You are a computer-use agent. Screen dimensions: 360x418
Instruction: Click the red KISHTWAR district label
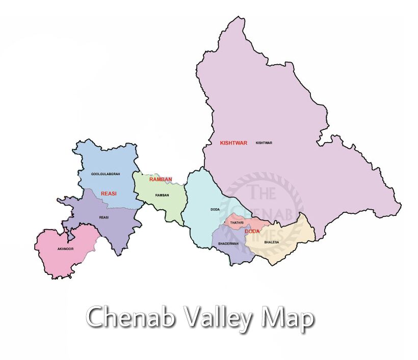pyautogui.click(x=233, y=143)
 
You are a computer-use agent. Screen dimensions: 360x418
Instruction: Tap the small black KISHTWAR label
pyautogui.click(x=264, y=143)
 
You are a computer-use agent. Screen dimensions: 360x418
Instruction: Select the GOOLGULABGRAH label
pyautogui.click(x=106, y=174)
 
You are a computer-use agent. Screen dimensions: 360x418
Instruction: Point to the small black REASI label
pyautogui.click(x=104, y=218)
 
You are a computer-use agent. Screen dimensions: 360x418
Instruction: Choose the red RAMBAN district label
pyautogui.click(x=161, y=179)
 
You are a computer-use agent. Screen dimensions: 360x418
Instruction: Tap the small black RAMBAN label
pyautogui.click(x=162, y=196)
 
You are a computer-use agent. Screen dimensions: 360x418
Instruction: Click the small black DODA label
pyautogui.click(x=215, y=209)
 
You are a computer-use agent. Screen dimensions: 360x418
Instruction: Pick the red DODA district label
pyautogui.click(x=252, y=232)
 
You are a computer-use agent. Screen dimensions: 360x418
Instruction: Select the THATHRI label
pyautogui.click(x=237, y=223)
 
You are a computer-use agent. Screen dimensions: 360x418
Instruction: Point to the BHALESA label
pyautogui.click(x=272, y=242)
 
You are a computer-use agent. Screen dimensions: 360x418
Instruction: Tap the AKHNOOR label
pyautogui.click(x=66, y=249)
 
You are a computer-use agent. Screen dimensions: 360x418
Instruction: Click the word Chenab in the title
pyautogui.click(x=131, y=318)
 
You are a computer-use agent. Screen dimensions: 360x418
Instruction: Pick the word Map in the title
pyautogui.click(x=287, y=319)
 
